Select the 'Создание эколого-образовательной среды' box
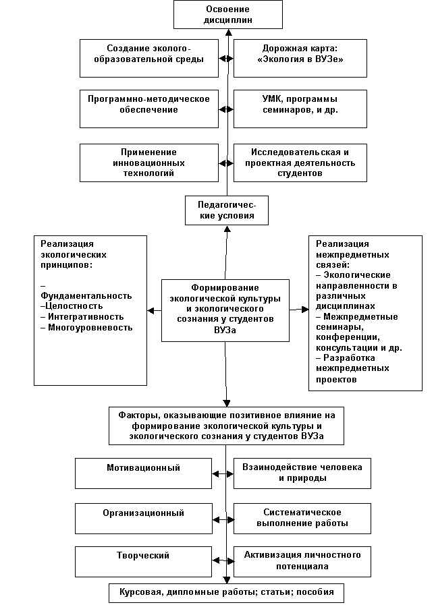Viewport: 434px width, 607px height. point(149,59)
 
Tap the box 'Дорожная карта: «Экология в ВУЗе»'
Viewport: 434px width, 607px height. point(300,59)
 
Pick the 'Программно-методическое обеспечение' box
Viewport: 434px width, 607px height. point(149,108)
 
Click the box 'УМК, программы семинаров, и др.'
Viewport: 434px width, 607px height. point(300,108)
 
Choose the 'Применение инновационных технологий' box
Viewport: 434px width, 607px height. point(149,163)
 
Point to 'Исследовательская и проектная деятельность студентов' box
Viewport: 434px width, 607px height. point(300,163)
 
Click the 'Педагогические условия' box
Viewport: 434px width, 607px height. point(226,210)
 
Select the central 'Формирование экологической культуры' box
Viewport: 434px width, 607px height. point(225,310)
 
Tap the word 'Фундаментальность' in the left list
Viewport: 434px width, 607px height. point(86,295)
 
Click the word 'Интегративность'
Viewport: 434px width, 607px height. point(86,316)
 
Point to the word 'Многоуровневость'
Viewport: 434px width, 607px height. point(90,328)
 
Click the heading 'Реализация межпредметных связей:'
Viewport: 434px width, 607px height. point(352,254)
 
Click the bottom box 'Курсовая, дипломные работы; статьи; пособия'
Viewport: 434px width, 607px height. point(226,593)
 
